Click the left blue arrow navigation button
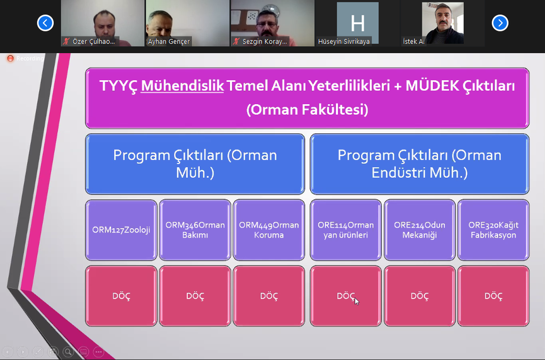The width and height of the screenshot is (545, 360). [x=45, y=23]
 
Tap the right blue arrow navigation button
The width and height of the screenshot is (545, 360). [x=500, y=23]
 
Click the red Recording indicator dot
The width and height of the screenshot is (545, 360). [x=11, y=58]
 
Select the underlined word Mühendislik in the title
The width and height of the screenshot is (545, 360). [x=182, y=86]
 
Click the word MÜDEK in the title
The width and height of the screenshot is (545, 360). [x=432, y=86]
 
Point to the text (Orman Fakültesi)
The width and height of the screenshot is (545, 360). [x=307, y=110]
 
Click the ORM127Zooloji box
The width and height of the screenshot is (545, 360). [x=121, y=230]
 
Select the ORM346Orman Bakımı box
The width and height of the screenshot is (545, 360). [x=195, y=230]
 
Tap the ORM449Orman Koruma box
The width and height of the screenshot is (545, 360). [x=269, y=230]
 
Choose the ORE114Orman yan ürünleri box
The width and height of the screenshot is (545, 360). [x=346, y=230]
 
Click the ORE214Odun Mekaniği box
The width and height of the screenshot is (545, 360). [x=419, y=230]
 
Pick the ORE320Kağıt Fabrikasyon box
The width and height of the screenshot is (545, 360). [x=493, y=230]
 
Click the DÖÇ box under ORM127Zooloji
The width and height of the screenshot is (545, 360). [x=121, y=296]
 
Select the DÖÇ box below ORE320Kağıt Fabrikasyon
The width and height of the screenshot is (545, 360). [x=493, y=296]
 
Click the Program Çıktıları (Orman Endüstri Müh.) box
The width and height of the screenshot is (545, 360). [x=419, y=164]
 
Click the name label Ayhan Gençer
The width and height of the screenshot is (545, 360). [x=169, y=41]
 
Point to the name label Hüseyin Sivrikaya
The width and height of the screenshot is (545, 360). [x=344, y=41]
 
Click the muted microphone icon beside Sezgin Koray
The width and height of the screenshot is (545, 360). [x=237, y=41]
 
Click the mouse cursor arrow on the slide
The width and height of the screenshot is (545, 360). [x=357, y=301]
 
